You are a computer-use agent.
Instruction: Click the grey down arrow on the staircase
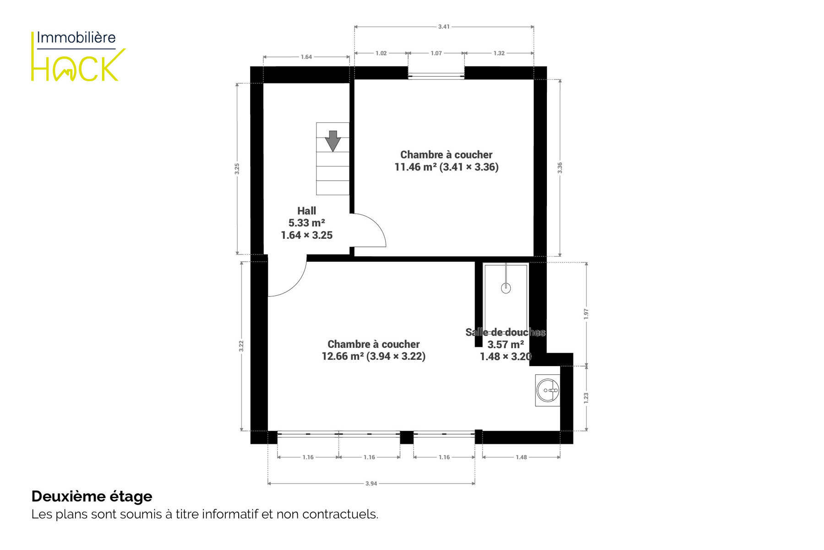tap(333, 141)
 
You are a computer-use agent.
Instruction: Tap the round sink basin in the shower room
tap(547, 390)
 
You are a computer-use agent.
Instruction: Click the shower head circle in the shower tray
tap(506, 288)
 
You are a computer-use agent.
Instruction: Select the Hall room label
tap(306, 223)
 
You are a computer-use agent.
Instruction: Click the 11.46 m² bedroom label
tap(447, 161)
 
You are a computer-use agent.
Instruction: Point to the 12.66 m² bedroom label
tap(373, 350)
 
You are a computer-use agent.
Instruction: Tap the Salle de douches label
tap(506, 332)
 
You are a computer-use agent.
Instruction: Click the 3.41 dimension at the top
tap(444, 27)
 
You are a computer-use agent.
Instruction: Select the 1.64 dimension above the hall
tap(306, 57)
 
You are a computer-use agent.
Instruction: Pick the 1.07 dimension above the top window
tap(436, 53)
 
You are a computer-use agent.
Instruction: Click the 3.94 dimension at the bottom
tap(371, 483)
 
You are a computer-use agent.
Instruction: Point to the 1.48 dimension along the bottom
tap(521, 457)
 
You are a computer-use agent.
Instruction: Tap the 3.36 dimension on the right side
tap(560, 168)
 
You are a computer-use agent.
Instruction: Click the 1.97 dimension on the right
tap(586, 314)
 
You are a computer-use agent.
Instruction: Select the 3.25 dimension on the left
tap(237, 169)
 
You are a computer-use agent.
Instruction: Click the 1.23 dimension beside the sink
tap(586, 398)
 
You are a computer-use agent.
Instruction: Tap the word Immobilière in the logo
tap(76, 38)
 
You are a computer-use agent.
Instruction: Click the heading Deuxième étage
tap(92, 496)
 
